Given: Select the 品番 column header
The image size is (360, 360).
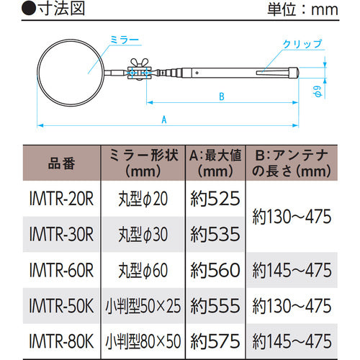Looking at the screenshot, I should pos(59,163).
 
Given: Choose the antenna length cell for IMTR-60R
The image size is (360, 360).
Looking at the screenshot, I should pos(292,269).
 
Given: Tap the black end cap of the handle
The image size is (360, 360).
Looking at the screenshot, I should pos(292,71).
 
